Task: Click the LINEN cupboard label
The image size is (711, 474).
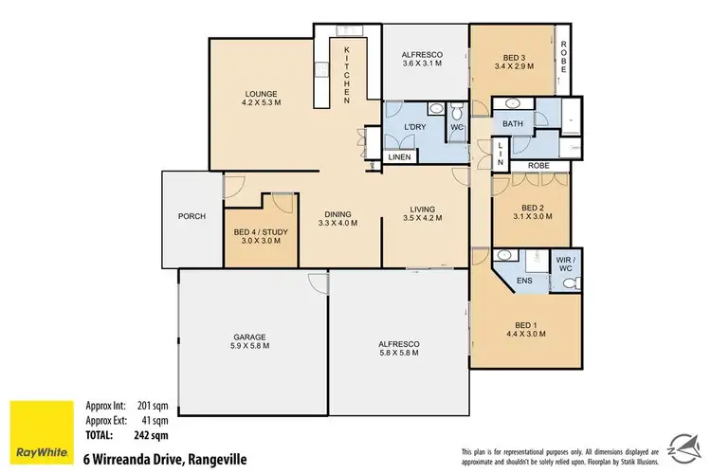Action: pyautogui.click(x=399, y=156)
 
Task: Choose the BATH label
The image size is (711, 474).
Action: pyautogui.click(x=514, y=124)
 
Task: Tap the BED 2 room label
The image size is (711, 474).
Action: pyautogui.click(x=531, y=207)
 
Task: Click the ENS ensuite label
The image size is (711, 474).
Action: pyautogui.click(x=524, y=282)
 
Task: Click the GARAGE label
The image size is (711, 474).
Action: pyautogui.click(x=250, y=337)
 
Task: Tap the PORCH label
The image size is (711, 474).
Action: pyautogui.click(x=191, y=216)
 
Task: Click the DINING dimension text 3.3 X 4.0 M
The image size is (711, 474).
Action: pyautogui.click(x=339, y=224)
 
